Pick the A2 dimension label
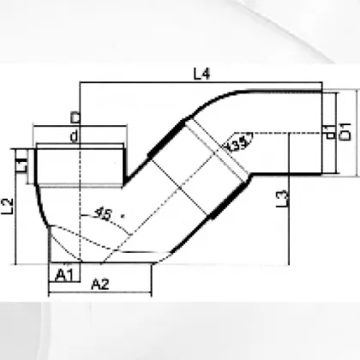pos(99,285)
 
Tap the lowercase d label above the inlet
pos(75,136)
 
